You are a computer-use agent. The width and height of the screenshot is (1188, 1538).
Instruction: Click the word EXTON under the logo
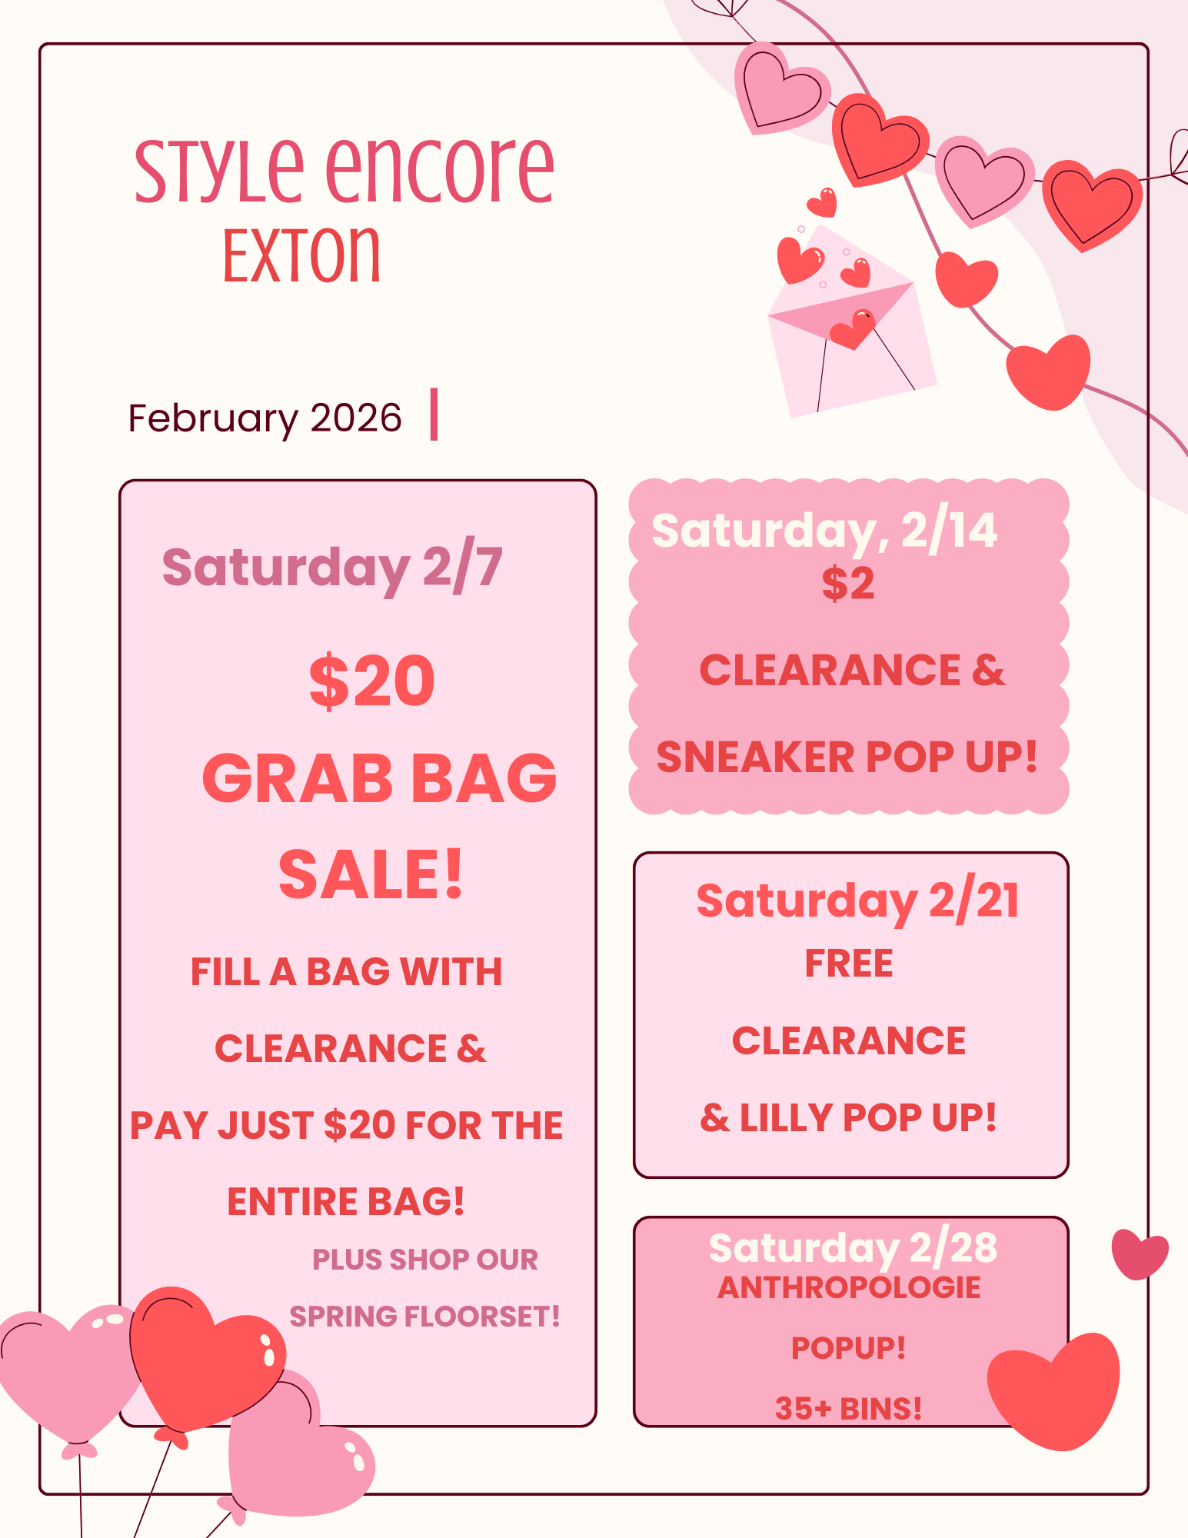(x=301, y=255)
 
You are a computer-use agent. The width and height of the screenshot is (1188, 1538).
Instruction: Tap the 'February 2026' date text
(x=265, y=418)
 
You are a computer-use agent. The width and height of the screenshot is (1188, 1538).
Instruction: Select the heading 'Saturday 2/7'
(x=332, y=568)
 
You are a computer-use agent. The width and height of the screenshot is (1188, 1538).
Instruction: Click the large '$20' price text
(x=372, y=681)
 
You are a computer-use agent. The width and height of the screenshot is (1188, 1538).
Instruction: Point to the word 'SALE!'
(x=371, y=874)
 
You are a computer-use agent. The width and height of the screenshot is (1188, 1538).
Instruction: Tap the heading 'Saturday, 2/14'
(x=824, y=530)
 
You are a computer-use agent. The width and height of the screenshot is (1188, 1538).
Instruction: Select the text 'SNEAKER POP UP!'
(x=847, y=757)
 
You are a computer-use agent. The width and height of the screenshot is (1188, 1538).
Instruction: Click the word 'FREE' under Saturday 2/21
(x=849, y=963)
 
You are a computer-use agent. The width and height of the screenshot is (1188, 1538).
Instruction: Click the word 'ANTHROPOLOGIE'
(x=849, y=1287)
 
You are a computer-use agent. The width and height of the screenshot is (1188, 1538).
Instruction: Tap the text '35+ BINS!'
(x=848, y=1408)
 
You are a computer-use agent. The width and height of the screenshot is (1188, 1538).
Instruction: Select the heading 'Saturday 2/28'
(x=853, y=1247)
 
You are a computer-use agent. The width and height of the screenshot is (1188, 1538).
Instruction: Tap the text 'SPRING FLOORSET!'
(x=424, y=1317)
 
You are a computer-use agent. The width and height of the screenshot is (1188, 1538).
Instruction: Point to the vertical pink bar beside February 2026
(x=434, y=414)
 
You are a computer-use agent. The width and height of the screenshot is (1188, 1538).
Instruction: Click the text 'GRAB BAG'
(x=379, y=777)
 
